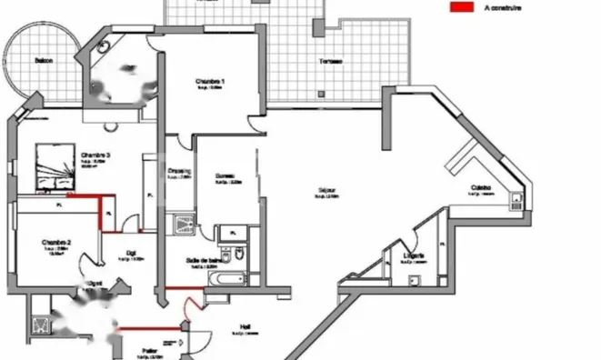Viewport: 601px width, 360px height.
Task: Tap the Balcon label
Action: click(x=43, y=61)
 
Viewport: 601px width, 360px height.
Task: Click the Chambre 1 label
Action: click(x=210, y=82)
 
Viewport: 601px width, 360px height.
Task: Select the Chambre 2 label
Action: click(x=55, y=243)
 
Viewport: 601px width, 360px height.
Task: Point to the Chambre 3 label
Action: click(x=95, y=155)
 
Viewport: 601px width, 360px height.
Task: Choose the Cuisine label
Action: click(x=482, y=188)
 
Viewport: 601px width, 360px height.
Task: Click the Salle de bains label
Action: click(x=203, y=259)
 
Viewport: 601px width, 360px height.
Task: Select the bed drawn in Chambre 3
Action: click(x=53, y=166)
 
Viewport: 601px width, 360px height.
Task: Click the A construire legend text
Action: click(x=502, y=7)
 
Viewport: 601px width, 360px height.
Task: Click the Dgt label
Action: click(x=131, y=254)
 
